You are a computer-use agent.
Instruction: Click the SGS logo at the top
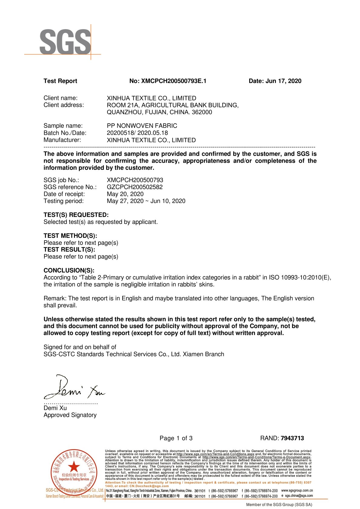(x=65, y=42)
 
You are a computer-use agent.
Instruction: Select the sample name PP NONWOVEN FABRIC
(x=142, y=126)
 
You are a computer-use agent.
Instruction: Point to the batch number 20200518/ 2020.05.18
(x=137, y=133)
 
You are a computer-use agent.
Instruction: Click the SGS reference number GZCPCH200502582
(x=135, y=187)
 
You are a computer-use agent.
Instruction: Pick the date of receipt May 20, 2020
(x=125, y=194)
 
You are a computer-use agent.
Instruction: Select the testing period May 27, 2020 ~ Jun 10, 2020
(x=146, y=201)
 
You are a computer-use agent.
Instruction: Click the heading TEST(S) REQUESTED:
(x=76, y=215)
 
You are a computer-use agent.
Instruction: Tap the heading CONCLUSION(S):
(x=69, y=271)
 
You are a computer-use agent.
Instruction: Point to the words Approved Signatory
(x=70, y=415)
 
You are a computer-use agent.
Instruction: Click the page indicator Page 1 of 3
(x=176, y=438)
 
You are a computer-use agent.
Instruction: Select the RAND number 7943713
(x=292, y=438)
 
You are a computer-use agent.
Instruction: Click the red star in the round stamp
(x=74, y=467)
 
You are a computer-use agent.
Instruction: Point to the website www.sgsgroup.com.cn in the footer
(x=297, y=490)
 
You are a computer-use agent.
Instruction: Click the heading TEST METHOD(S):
(x=70, y=236)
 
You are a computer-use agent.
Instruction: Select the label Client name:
(x=61, y=98)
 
